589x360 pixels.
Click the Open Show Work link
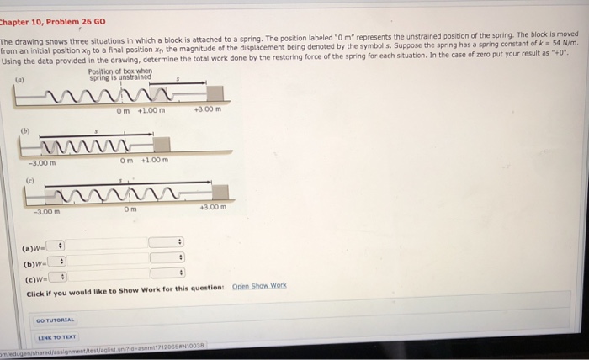pyautogui.click(x=258, y=285)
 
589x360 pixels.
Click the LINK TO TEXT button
pyautogui.click(x=55, y=338)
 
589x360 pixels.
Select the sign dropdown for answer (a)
pyautogui.click(x=56, y=245)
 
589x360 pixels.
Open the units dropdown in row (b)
pyautogui.click(x=167, y=258)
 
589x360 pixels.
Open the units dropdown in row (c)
pyautogui.click(x=167, y=273)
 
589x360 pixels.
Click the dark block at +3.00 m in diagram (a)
pyautogui.click(x=215, y=92)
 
